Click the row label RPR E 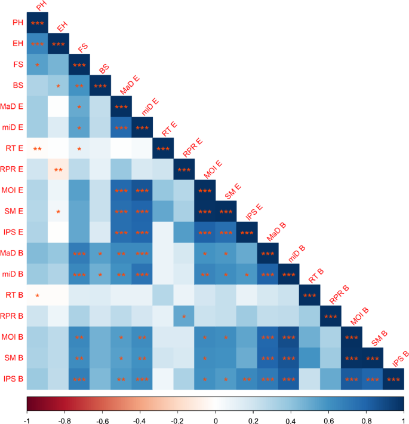(13, 169)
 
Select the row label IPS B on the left (13, 379)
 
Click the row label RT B (14, 295)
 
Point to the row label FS (19, 64)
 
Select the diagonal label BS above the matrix (104, 69)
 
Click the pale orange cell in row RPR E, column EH (58, 169)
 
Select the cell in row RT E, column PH (37, 148)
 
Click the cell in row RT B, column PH (37, 295)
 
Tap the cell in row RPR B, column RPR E (184, 316)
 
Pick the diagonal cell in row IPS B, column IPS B (393, 379)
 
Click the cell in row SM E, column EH (58, 211)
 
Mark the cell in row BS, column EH (58, 85)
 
